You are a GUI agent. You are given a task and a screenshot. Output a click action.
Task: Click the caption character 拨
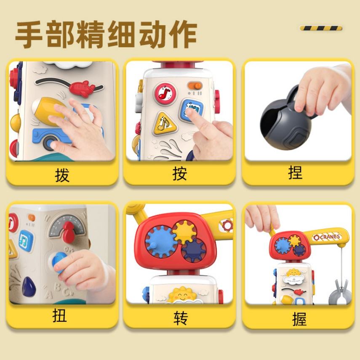pos(62,175)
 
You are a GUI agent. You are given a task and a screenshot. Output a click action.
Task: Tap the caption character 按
pos(179,173)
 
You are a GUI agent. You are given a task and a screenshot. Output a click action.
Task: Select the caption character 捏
pos(295,172)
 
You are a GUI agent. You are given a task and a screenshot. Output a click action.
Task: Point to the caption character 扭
pos(60,315)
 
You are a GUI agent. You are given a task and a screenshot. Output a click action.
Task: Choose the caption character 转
pos(181,318)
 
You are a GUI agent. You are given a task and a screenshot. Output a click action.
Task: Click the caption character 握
pos(299,319)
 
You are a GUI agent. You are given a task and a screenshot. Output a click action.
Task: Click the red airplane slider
pos(82,88)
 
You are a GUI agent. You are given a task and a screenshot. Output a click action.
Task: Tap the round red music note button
pos(165,93)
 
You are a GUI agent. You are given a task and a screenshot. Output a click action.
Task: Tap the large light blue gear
pos(161,242)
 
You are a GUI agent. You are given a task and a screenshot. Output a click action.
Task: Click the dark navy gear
pos(194,250)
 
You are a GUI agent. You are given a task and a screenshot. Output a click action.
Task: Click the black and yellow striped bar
pos(321,28)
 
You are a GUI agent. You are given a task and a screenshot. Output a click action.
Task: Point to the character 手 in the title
pos(29,35)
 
